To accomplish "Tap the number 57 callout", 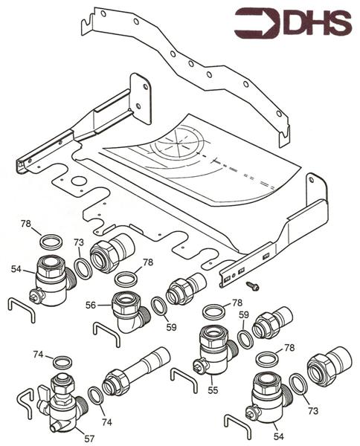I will (89, 439).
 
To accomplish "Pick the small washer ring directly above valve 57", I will (62, 363).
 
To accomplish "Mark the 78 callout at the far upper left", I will (26, 223).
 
